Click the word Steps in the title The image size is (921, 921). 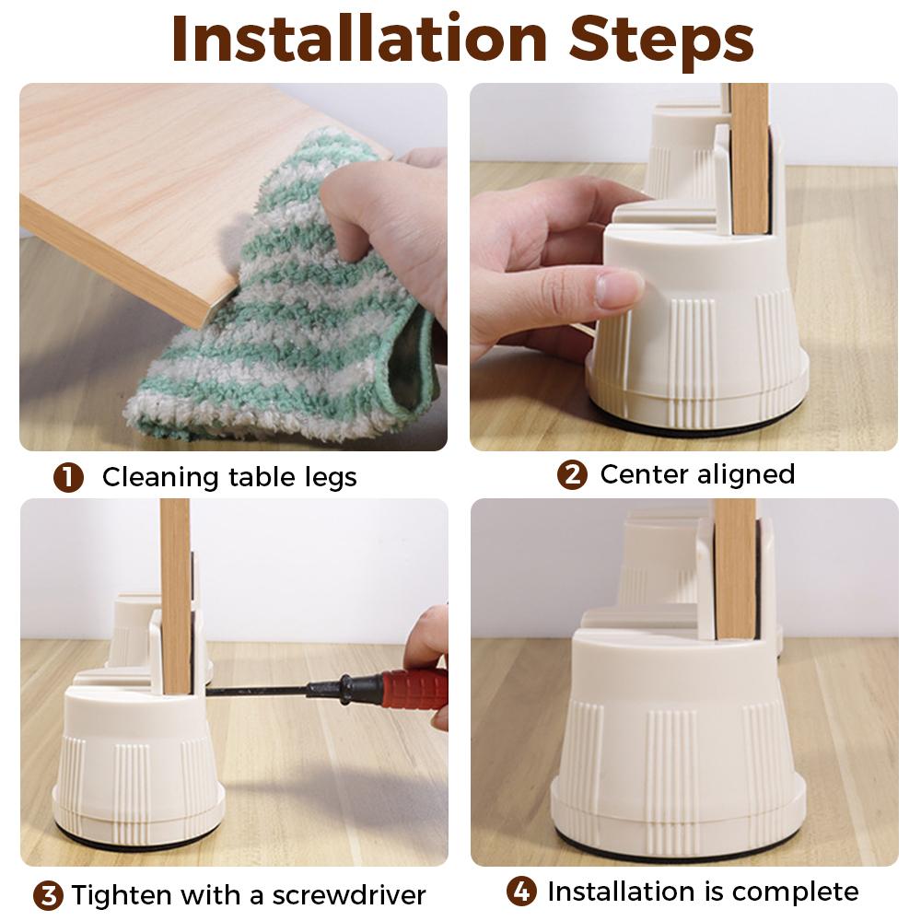coord(660,39)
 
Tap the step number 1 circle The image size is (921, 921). coord(68,478)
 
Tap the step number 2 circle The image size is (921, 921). coord(572,475)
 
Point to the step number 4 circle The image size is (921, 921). coord(521,892)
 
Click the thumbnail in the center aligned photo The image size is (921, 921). coord(618,288)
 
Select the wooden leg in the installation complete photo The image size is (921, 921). coord(734,571)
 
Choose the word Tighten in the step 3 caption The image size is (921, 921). coord(122,894)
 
